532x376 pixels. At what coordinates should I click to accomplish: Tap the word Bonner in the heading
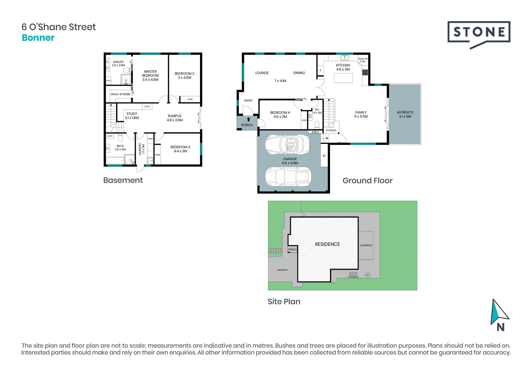[38, 38]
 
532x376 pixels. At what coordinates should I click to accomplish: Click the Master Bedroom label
[150, 75]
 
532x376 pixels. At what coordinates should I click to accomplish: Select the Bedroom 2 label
[184, 75]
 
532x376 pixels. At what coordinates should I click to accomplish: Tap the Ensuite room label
[118, 63]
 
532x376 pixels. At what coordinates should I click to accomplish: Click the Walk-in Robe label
[121, 94]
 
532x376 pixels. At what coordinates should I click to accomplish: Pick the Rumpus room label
[175, 118]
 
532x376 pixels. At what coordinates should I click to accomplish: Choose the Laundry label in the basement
[142, 149]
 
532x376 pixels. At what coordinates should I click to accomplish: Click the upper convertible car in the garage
[287, 144]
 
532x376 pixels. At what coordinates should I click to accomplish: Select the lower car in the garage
[288, 177]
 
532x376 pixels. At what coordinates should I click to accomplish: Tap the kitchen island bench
[343, 78]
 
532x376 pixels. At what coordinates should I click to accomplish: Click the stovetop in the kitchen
[365, 72]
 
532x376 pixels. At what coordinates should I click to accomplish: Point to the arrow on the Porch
[249, 120]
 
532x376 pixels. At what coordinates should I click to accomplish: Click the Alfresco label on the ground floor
[405, 114]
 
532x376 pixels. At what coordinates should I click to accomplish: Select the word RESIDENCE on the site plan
[328, 244]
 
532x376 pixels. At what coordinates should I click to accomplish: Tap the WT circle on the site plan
[368, 275]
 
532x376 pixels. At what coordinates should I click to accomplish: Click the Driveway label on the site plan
[283, 270]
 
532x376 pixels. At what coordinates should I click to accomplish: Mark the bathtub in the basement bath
[115, 161]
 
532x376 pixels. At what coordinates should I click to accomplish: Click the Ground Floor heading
[368, 181]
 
